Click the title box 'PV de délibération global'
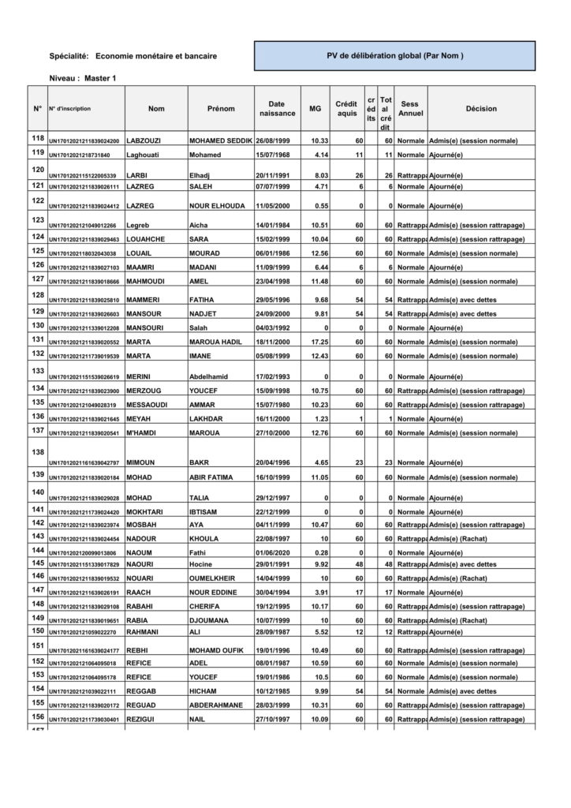tap(394, 56)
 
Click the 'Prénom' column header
tap(221, 109)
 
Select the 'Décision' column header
tap(481, 109)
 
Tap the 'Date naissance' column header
tap(276, 109)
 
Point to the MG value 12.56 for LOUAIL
tap(319, 254)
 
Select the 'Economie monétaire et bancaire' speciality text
tap(156, 56)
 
